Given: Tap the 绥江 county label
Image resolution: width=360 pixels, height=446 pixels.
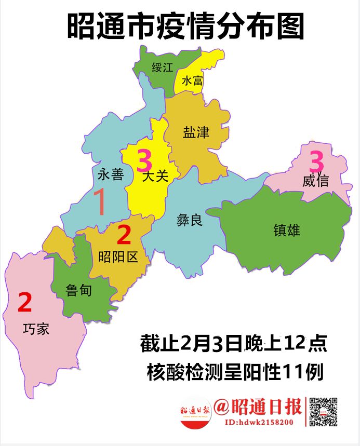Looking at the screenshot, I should (163, 67).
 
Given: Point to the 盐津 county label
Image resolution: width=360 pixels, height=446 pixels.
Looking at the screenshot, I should (196, 132).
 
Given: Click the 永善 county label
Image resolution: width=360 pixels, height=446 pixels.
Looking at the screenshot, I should (111, 174).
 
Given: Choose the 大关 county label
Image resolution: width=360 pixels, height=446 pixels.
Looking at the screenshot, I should (155, 177).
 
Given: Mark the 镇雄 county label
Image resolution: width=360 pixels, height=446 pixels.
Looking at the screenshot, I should (287, 230).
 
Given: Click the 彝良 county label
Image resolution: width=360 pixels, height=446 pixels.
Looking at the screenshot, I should (189, 221).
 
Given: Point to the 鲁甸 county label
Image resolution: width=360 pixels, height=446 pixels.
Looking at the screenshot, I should (79, 290).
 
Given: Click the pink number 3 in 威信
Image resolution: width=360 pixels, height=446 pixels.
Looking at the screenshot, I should (317, 161).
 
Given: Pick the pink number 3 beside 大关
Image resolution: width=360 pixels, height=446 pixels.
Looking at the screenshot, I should (144, 161).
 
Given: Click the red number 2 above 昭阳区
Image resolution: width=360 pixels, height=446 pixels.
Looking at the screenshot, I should (124, 235).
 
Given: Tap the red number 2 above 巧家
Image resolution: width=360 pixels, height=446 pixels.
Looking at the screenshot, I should (25, 303).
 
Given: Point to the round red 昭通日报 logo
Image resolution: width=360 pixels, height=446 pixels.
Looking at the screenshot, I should (195, 412).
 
